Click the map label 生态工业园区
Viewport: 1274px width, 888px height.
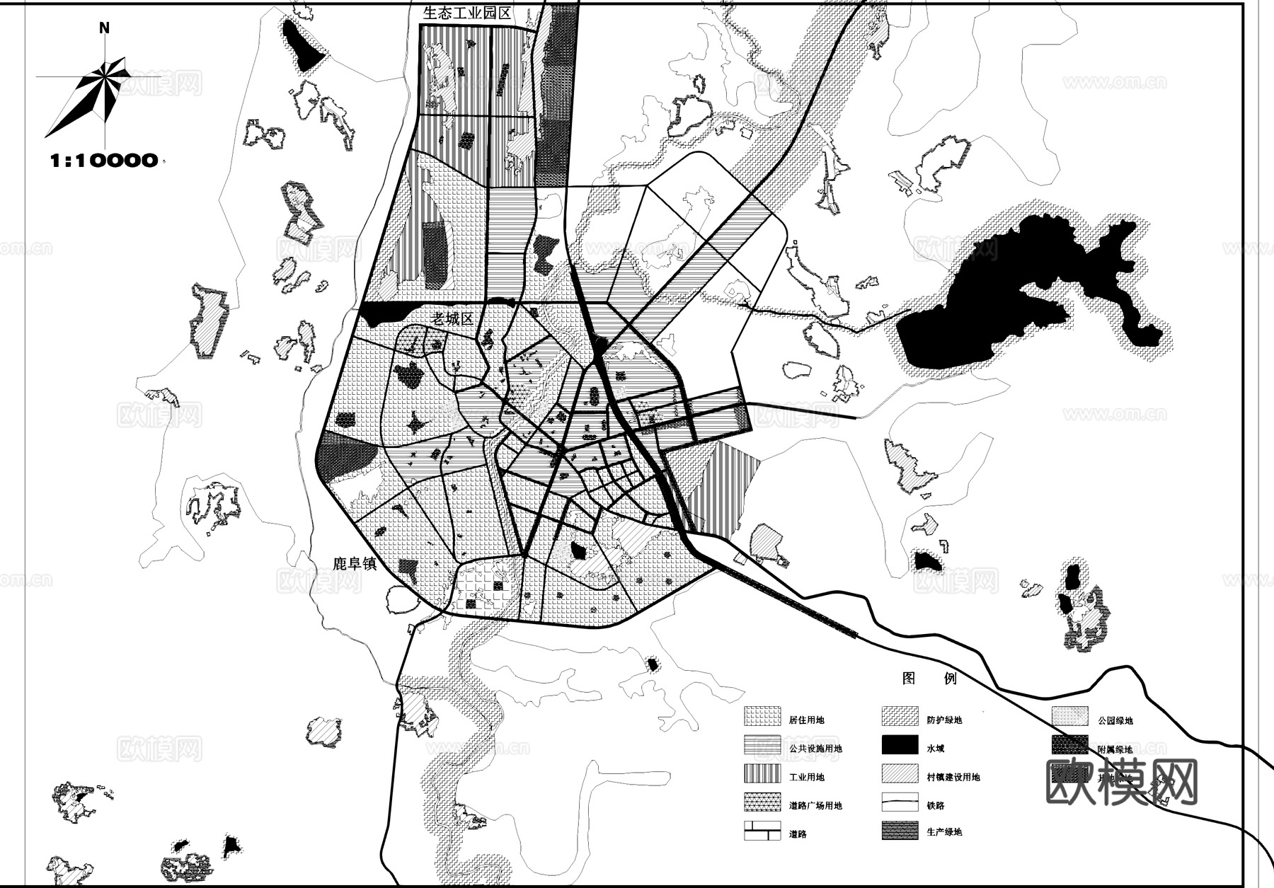[466, 13]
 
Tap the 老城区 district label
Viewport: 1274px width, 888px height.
[452, 319]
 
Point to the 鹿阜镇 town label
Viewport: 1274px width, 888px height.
[357, 564]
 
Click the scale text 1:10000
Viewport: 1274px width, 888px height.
[103, 161]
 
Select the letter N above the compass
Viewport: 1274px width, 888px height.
[104, 28]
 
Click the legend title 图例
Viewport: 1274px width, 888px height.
[929, 679]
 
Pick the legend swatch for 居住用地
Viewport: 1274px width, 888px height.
[762, 717]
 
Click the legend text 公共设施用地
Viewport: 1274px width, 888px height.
[815, 749]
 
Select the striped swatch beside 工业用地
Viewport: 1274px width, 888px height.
[762, 774]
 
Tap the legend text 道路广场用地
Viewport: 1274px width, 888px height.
[815, 805]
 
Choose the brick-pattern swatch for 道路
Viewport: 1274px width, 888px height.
[762, 831]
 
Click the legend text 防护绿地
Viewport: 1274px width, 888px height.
[944, 720]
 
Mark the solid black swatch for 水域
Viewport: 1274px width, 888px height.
[900, 746]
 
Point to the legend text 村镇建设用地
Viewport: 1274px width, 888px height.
[953, 777]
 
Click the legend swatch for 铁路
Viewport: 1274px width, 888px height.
[900, 803]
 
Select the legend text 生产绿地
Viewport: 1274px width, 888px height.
[944, 832]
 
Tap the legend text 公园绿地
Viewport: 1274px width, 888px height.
[1115, 720]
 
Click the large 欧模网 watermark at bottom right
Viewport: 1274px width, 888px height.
[1121, 782]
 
